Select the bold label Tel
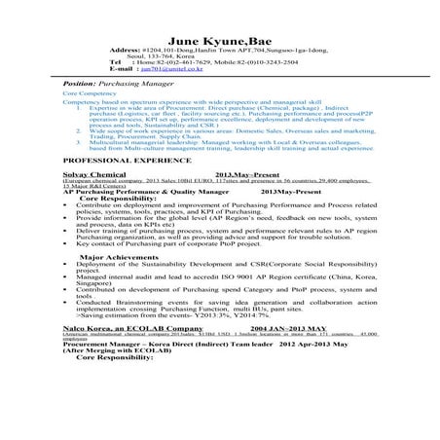(118, 62)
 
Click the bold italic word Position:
(68, 86)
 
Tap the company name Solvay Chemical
(92, 173)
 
